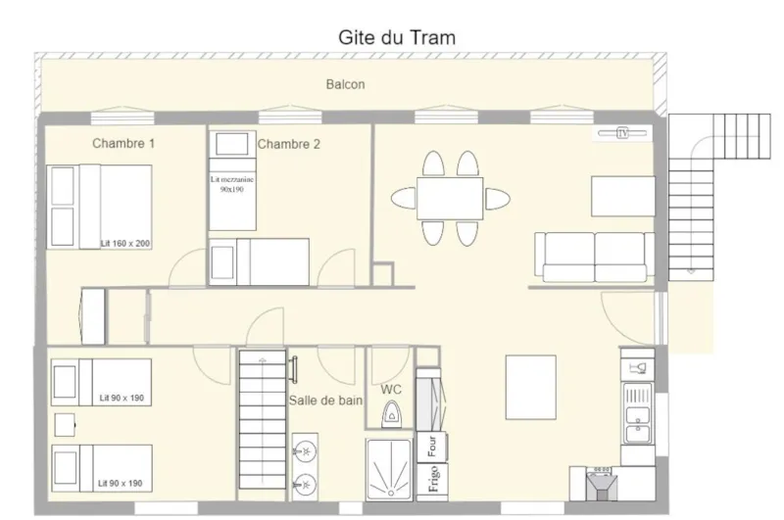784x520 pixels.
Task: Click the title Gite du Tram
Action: pos(397,36)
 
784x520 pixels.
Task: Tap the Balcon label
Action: pos(345,85)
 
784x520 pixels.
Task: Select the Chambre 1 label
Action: pos(123,144)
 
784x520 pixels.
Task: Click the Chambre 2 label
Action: pos(289,145)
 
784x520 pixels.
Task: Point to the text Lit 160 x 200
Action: pos(124,243)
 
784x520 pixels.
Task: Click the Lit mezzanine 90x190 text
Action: pos(232,184)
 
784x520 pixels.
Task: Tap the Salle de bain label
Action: pos(325,400)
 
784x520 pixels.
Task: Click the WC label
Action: pos(391,390)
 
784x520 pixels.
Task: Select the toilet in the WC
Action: pos(393,416)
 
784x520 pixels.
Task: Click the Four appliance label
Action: pos(431,447)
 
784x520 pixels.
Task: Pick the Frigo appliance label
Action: pos(431,481)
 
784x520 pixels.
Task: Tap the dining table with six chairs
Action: pos(450,198)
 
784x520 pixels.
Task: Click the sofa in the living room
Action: pos(594,258)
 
